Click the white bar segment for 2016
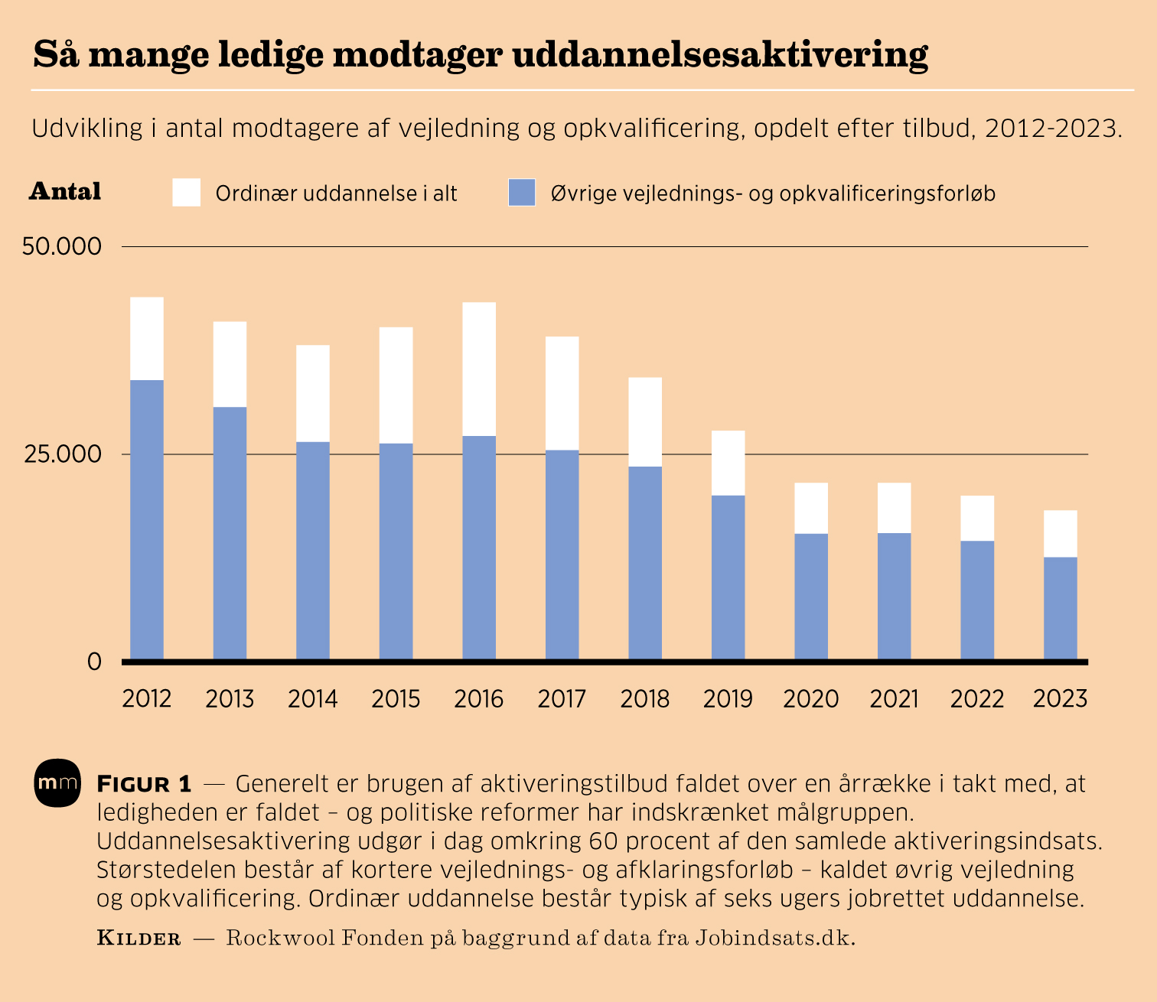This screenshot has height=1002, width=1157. pyautogui.click(x=479, y=369)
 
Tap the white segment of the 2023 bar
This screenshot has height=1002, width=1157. pyautogui.click(x=1061, y=533)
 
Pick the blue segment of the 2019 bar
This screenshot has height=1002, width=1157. pyautogui.click(x=728, y=577)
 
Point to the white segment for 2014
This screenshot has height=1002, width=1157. pyautogui.click(x=313, y=393)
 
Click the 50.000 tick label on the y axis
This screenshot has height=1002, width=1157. pyautogui.click(x=62, y=246)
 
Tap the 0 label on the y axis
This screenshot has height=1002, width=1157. pyautogui.click(x=94, y=662)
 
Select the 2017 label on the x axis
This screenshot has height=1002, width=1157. pyautogui.click(x=562, y=698)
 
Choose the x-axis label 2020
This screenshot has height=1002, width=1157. pyautogui.click(x=811, y=698)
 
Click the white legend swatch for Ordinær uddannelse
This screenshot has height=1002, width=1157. pyautogui.click(x=187, y=192)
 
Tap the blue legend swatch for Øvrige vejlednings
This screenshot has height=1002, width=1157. pyautogui.click(x=522, y=192)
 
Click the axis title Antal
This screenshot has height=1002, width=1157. pyautogui.click(x=65, y=191)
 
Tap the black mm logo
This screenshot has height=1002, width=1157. pyautogui.click(x=57, y=783)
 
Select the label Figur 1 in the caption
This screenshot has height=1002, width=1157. pyautogui.click(x=144, y=784)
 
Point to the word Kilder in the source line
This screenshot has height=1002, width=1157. pyautogui.click(x=139, y=938)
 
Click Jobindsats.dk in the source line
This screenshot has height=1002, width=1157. pyautogui.click(x=774, y=938)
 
